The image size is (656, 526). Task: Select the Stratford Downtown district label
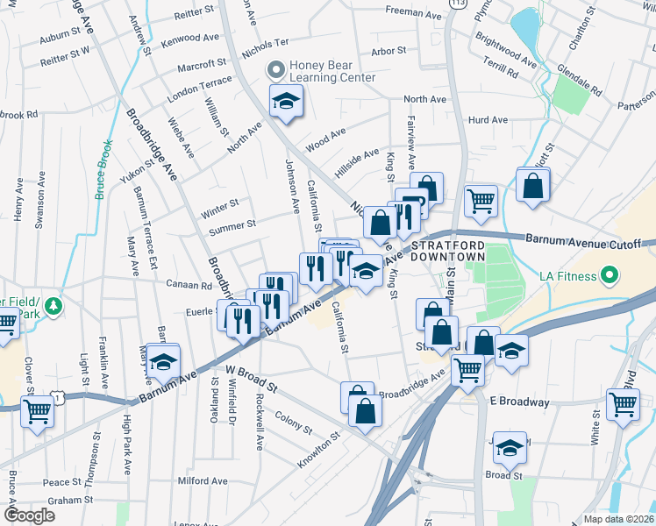point(448,250)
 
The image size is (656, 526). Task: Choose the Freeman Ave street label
point(415,11)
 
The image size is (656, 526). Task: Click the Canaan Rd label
point(195,285)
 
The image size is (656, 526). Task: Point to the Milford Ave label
point(203,480)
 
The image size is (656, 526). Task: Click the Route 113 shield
point(457,4)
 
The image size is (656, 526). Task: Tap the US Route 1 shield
point(59,398)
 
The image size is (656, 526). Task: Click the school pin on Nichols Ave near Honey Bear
point(285,103)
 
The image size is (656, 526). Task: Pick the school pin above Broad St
point(509,448)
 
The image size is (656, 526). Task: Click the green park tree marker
point(53,306)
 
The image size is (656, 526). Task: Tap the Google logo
point(30,515)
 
